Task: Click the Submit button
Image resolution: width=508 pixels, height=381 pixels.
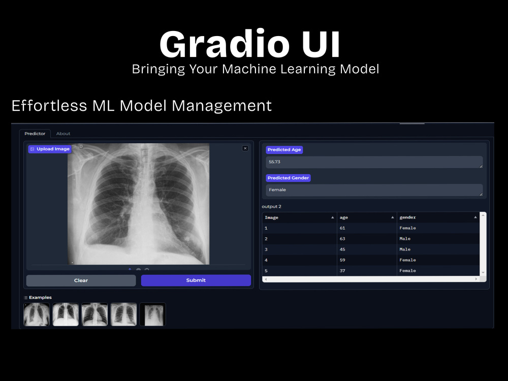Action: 196,280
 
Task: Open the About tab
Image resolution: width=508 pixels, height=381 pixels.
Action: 63,134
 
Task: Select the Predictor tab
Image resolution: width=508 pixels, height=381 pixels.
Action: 35,134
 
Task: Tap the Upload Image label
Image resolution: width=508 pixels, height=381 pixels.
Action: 50,149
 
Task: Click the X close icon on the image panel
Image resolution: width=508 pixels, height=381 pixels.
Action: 245,148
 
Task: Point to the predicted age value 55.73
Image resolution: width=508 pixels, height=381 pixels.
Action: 275,162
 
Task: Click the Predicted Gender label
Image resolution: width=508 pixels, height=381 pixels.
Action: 288,178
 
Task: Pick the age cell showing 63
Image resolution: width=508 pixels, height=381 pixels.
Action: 342,239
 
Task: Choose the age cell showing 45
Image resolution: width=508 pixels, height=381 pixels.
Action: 342,249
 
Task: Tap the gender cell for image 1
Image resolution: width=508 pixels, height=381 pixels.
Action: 407,228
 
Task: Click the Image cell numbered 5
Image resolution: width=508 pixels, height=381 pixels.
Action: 266,271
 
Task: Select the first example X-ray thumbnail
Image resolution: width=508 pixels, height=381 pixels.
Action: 37,314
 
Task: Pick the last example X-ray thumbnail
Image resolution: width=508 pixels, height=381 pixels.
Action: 153,314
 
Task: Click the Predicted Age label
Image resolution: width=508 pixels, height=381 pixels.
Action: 284,150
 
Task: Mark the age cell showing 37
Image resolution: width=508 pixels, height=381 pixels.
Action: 342,271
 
